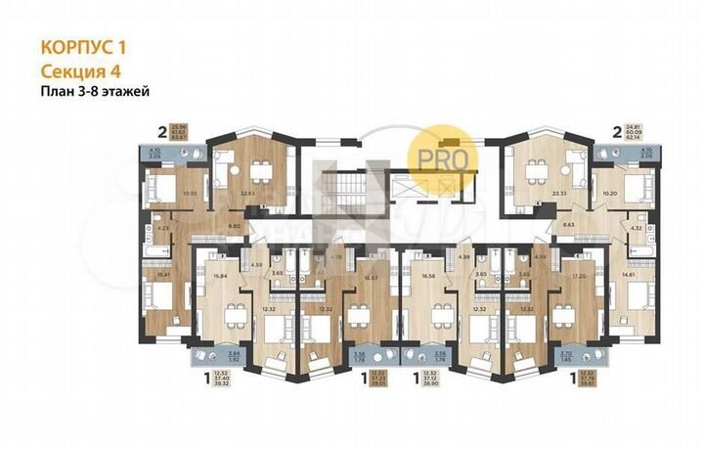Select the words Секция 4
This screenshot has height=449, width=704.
click(80, 68)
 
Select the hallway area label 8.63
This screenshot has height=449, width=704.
click(568, 226)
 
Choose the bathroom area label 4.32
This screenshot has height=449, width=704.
click(636, 228)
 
